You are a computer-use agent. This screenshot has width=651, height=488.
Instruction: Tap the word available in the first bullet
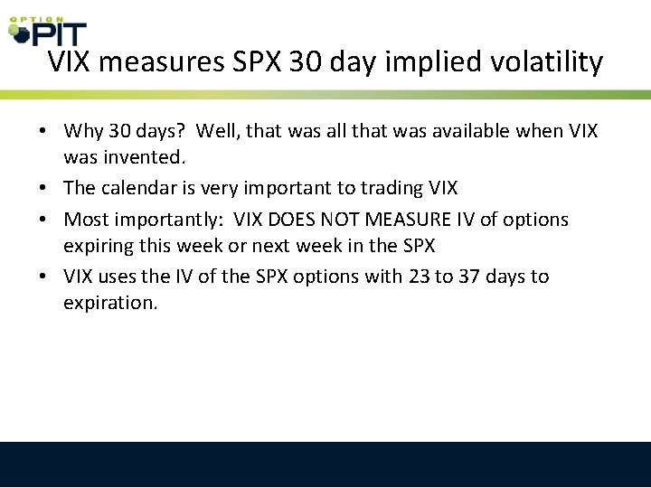click(467, 132)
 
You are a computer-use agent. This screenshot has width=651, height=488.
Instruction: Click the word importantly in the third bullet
click(167, 220)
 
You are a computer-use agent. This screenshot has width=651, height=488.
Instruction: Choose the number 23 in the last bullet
click(419, 277)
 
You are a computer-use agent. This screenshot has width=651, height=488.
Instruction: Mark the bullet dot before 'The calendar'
click(43, 188)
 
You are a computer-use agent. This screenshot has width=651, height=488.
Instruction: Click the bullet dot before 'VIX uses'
click(43, 277)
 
